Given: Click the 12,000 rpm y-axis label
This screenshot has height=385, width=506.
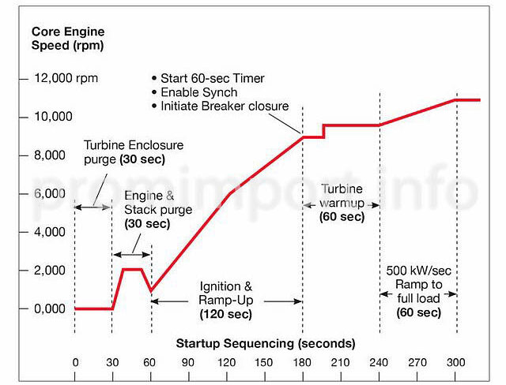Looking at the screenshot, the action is click(x=66, y=78).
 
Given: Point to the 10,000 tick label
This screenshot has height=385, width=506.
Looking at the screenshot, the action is click(x=53, y=117).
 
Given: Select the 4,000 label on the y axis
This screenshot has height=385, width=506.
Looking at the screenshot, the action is click(x=50, y=232).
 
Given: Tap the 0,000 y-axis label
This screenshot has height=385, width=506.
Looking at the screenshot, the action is click(x=50, y=309).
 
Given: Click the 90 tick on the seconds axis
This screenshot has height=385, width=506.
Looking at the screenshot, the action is click(x=188, y=363).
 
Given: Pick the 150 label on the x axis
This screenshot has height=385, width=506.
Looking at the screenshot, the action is click(x=263, y=363).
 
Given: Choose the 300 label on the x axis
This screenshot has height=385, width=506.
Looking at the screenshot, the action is click(x=455, y=363).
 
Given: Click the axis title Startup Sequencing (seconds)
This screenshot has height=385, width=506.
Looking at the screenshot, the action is click(x=266, y=343).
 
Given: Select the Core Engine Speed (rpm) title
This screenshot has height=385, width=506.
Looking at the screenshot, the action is click(x=68, y=39).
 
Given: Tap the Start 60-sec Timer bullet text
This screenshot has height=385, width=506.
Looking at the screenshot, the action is click(x=213, y=78).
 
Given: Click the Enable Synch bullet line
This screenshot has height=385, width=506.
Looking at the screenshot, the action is click(x=198, y=92).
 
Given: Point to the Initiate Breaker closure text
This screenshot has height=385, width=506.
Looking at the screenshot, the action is click(x=225, y=107).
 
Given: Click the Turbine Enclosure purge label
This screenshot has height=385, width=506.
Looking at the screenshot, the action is click(x=134, y=152).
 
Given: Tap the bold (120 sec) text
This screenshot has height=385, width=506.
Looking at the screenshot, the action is click(x=226, y=314).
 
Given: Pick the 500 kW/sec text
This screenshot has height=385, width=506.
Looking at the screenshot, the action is click(x=418, y=271).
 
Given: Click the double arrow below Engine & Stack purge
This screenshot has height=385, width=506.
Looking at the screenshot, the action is click(x=132, y=255).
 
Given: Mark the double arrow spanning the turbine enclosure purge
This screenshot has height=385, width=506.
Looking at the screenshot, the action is click(x=93, y=207).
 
